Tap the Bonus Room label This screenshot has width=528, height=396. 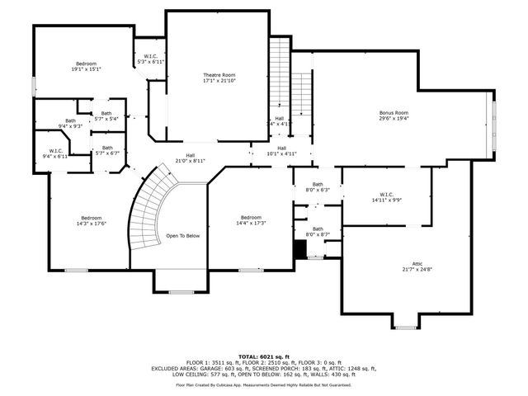(394, 115)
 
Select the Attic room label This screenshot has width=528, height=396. (417, 266)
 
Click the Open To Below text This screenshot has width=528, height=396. (183, 235)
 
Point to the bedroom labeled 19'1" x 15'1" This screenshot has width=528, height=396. (87, 67)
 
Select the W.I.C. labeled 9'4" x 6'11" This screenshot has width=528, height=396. (56, 153)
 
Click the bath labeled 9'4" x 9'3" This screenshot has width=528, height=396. (70, 123)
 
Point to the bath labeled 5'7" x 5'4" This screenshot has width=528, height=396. (106, 116)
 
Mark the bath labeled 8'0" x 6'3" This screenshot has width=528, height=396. (318, 187)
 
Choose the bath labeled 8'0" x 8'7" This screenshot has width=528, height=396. (318, 232)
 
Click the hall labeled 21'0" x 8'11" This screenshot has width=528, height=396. (190, 158)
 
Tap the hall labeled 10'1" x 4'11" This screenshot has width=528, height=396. (280, 151)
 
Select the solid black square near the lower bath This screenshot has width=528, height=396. (300, 250)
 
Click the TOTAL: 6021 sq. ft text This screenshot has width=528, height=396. (263, 356)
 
